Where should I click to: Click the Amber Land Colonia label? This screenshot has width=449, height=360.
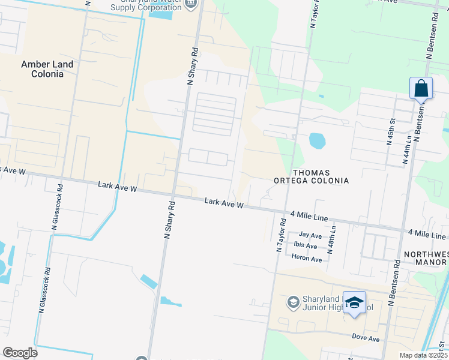47,69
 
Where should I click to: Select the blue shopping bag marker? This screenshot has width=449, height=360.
421,88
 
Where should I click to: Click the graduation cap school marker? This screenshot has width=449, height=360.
354,302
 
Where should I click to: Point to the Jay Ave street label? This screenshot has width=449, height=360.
310,235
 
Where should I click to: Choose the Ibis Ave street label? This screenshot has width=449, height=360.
306,245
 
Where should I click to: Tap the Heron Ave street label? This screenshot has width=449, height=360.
307,258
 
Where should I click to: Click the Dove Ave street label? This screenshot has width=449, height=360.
366,339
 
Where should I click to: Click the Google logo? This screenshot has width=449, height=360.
19,352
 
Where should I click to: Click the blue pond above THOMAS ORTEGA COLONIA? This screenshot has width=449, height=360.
317,141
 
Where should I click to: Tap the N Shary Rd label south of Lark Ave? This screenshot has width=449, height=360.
170,220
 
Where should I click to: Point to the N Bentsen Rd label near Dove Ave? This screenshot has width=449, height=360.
394,283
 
